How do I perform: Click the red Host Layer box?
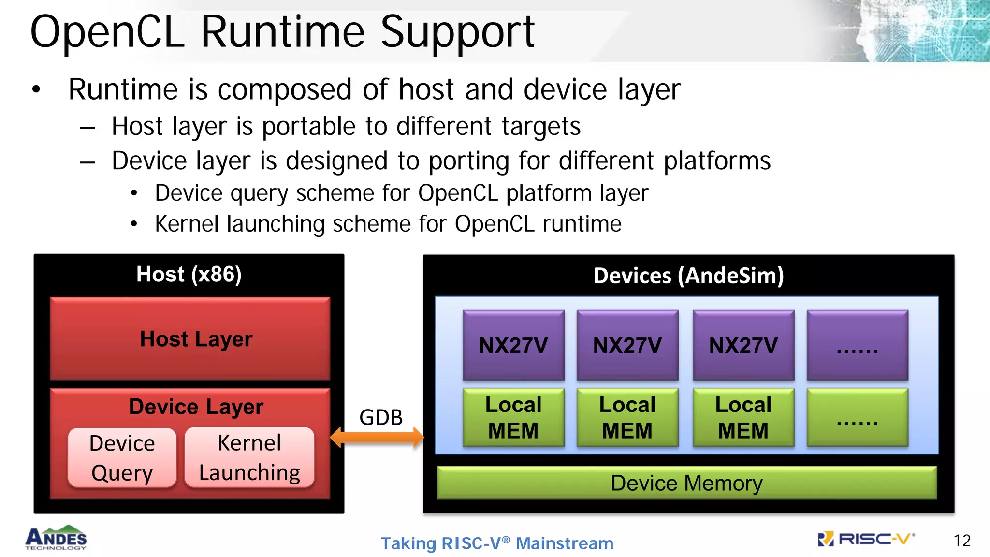click(190, 338)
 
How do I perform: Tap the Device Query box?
click(122, 457)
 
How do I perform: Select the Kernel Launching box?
click(249, 457)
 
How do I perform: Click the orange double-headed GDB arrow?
click(377, 437)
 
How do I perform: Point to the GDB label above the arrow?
click(381, 417)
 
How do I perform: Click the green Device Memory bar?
click(686, 483)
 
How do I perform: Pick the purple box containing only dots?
click(857, 345)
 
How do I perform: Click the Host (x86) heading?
click(189, 274)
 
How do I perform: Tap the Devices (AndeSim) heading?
click(688, 276)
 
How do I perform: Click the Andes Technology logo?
click(56, 538)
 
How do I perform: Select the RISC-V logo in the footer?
click(865, 539)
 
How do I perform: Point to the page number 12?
click(962, 541)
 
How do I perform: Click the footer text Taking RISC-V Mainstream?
click(497, 543)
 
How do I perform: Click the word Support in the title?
click(457, 33)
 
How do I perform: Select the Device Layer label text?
click(196, 407)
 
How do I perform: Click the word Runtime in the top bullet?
click(123, 89)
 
